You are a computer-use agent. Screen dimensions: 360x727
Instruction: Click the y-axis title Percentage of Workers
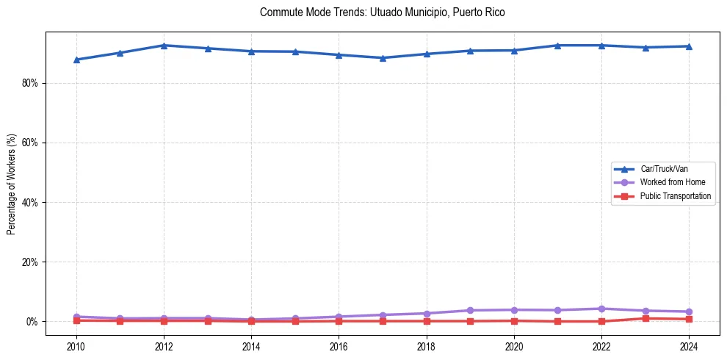tap(11, 184)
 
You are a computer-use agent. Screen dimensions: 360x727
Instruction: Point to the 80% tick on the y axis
tap(29, 83)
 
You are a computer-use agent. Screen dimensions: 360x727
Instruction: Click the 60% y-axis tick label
tap(29, 143)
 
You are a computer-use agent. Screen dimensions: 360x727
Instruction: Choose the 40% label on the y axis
tap(29, 202)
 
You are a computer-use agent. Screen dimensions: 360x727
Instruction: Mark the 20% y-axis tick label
tap(29, 262)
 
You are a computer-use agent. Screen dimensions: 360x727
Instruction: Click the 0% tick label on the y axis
tap(32, 322)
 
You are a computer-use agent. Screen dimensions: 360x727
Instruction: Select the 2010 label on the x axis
tap(76, 345)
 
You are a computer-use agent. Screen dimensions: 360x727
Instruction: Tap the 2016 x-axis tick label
tap(339, 345)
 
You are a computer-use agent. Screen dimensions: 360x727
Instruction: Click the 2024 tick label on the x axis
tap(689, 345)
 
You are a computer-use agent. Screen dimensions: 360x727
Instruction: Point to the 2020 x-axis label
tap(514, 345)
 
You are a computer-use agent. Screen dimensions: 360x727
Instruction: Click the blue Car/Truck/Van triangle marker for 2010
tap(76, 60)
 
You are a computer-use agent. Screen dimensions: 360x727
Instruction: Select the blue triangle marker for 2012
tap(164, 46)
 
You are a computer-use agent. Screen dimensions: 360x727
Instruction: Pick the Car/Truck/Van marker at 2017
tap(383, 58)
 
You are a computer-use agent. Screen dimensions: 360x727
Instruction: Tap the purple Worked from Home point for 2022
tap(601, 309)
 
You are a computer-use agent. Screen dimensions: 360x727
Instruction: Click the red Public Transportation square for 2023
tap(645, 318)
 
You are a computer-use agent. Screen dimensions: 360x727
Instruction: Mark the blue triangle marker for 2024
tap(689, 46)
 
